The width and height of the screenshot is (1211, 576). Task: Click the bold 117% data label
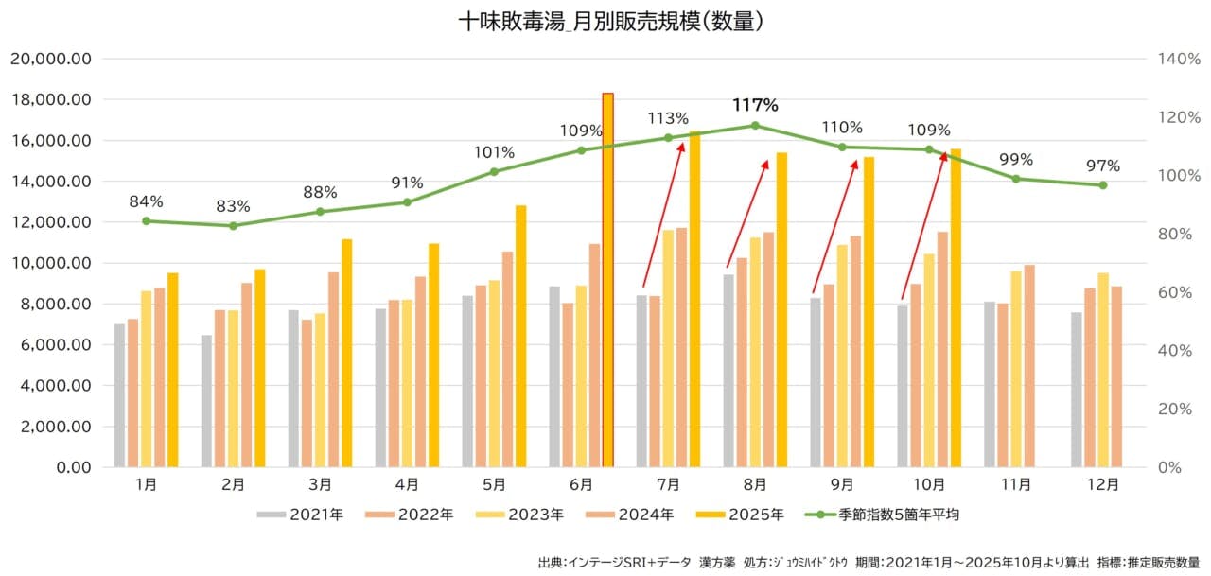(755, 105)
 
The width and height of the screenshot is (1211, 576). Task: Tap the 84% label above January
(146, 201)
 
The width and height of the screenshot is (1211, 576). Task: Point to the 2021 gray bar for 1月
(119, 395)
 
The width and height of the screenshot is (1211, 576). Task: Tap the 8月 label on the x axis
(755, 484)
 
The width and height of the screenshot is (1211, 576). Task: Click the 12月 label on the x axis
(1102, 484)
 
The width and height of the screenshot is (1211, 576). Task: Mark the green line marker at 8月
(755, 125)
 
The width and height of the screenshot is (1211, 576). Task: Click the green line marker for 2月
(233, 225)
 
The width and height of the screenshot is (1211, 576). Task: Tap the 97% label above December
(1102, 166)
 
